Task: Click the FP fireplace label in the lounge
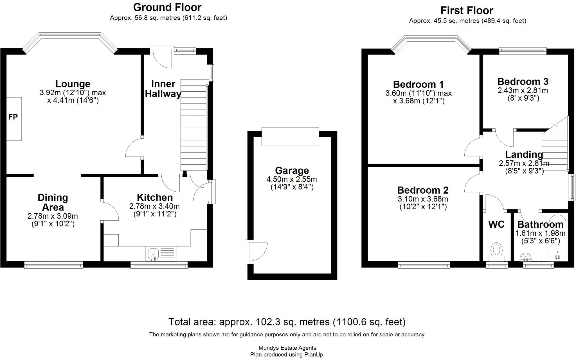(x=13, y=117)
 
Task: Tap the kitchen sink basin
(x=153, y=255)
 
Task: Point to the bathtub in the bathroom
(x=557, y=237)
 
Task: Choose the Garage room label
(x=292, y=170)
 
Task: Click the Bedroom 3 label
(x=523, y=81)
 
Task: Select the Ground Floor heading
(x=167, y=7)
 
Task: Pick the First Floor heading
(x=467, y=11)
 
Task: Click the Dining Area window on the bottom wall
(x=53, y=265)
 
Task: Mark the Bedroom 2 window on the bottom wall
(x=424, y=265)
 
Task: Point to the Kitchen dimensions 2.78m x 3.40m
(x=154, y=206)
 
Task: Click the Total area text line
(x=287, y=322)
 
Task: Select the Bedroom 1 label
(x=418, y=84)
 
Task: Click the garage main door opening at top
(x=290, y=137)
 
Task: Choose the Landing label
(x=524, y=155)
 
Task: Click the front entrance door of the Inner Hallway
(x=161, y=57)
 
